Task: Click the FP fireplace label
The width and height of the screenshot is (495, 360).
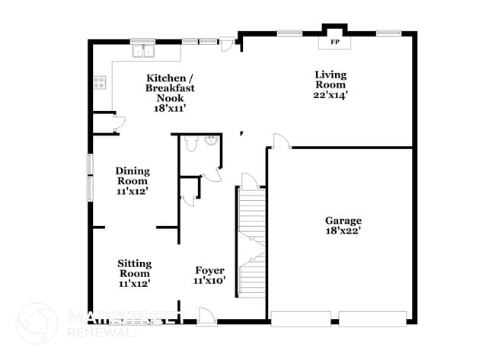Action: tap(334, 41)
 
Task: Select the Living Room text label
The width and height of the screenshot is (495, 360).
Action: tap(331, 79)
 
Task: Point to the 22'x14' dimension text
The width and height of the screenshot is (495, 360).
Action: tap(331, 95)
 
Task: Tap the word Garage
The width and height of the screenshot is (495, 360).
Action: tap(342, 221)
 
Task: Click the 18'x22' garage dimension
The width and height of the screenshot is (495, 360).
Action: tap(342, 231)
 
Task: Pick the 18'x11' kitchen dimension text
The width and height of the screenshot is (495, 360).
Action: tap(170, 108)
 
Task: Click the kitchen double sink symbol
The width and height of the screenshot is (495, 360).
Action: tap(142, 52)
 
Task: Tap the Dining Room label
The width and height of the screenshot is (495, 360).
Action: tap(132, 176)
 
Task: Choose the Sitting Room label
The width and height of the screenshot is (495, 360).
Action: tap(134, 269)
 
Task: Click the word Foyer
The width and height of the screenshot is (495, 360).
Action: tap(209, 270)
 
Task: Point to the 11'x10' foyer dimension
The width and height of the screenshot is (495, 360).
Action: tap(209, 281)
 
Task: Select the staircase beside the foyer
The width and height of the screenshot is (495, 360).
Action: tap(251, 236)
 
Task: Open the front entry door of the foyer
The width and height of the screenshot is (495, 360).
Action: tap(205, 315)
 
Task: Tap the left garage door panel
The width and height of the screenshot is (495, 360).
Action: tap(301, 317)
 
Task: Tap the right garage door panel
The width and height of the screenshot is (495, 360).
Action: tap(372, 317)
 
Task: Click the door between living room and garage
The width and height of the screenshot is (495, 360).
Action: tap(279, 142)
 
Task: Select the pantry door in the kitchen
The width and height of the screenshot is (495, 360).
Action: tap(117, 124)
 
